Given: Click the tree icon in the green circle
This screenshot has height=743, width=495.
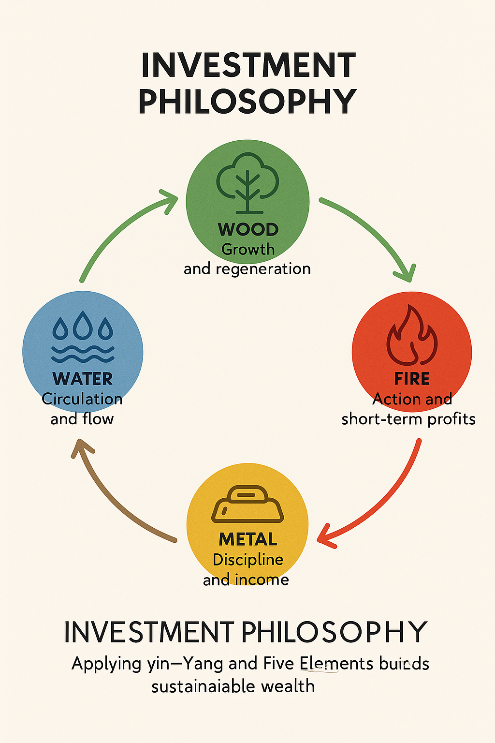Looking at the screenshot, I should pyautogui.click(x=247, y=183).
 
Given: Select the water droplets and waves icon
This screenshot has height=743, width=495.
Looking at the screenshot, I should pyautogui.click(x=83, y=337).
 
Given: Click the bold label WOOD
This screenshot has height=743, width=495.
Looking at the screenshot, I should pyautogui.click(x=248, y=229).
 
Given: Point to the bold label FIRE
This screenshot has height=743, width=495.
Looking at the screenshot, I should pyautogui.click(x=412, y=379).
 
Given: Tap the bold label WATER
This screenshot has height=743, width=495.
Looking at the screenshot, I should pyautogui.click(x=83, y=379).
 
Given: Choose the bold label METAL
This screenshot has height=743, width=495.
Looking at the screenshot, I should pyautogui.click(x=247, y=539).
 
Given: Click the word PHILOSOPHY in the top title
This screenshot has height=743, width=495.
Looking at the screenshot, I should pyautogui.click(x=247, y=102).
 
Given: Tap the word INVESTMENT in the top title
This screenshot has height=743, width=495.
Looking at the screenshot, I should pyautogui.click(x=248, y=66).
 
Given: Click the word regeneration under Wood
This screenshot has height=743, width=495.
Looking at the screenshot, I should pyautogui.click(x=263, y=269).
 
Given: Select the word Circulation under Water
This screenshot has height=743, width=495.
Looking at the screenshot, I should pyautogui.click(x=82, y=399).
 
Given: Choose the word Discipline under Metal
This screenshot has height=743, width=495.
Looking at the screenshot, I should pyautogui.click(x=248, y=560).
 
